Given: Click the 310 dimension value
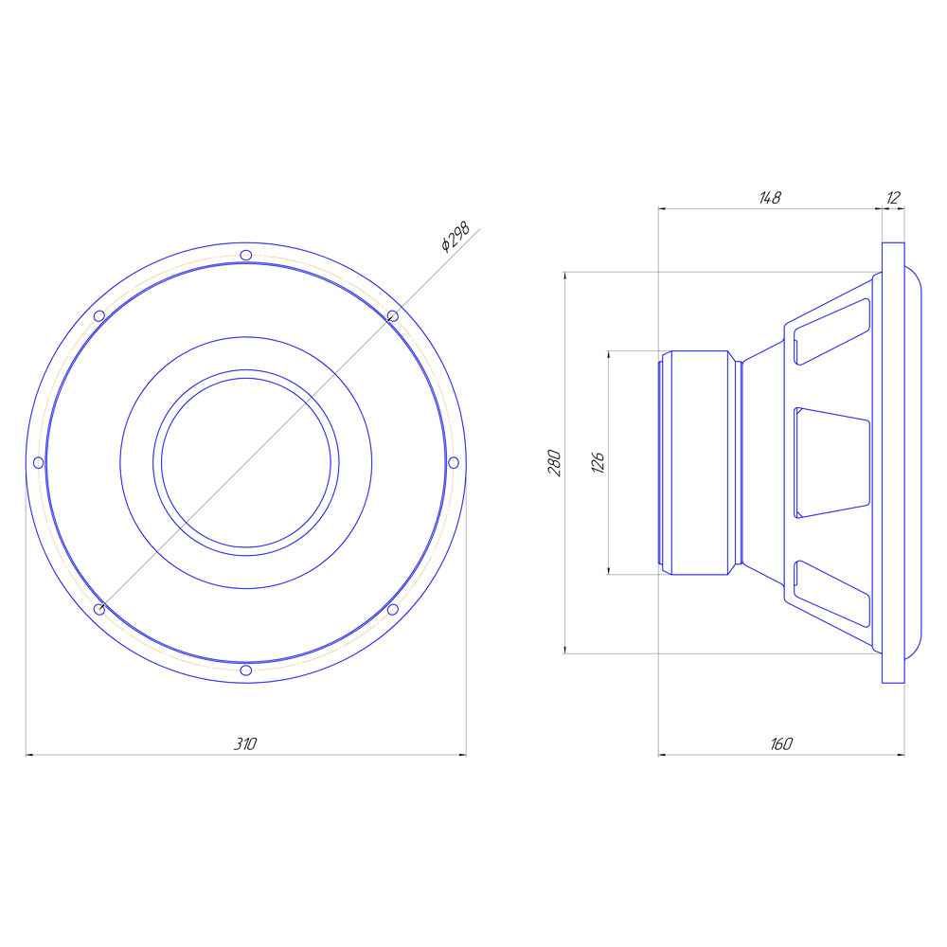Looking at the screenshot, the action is [x=245, y=743].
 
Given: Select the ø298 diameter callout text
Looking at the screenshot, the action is [x=455, y=237].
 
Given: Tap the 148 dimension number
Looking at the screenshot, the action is [x=769, y=198].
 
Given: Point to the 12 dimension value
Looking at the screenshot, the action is [x=893, y=198].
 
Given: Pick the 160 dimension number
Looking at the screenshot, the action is [x=781, y=743].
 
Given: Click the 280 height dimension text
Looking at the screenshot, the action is [x=554, y=463].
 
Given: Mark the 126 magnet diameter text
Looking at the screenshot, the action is [x=598, y=462].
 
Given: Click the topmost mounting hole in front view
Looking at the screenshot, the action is [x=246, y=255].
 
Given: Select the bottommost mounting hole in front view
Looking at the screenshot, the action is [x=246, y=670].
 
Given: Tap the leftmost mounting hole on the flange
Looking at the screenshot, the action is [x=38, y=463].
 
